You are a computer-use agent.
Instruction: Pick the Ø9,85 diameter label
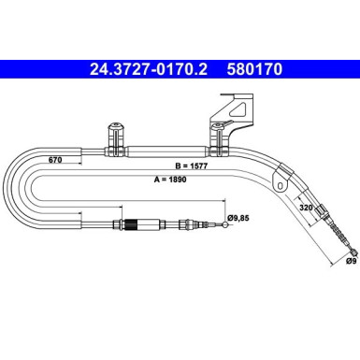239,220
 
